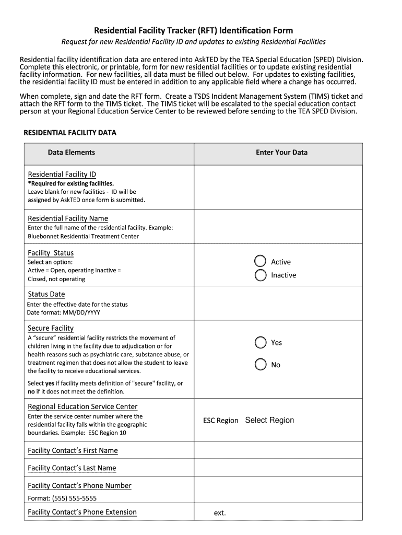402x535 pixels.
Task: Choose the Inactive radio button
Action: point(261,275)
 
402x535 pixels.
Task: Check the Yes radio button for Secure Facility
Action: point(261,343)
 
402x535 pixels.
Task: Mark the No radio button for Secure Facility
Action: point(261,365)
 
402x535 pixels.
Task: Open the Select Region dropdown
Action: point(269,420)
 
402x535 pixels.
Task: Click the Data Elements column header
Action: point(72,153)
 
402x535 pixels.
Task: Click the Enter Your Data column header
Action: point(281,153)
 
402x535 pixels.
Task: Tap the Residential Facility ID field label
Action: point(62,175)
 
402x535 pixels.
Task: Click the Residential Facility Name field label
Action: point(68,218)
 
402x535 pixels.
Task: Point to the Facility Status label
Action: point(51,253)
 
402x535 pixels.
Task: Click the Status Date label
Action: point(46,294)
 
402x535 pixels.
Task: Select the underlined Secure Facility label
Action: point(51,328)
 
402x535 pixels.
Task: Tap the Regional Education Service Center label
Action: point(82,406)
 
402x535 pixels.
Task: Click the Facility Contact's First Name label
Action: point(73,450)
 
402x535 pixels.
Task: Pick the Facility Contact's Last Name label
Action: point(72,468)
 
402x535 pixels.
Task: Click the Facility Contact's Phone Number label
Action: point(79,486)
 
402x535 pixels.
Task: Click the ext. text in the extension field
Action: point(220,513)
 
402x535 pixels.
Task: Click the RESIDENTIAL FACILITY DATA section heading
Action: point(70,133)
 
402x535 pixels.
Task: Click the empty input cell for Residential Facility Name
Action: point(278,227)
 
